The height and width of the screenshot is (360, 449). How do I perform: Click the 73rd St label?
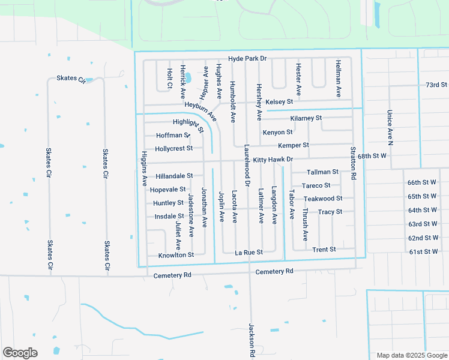click(436, 85)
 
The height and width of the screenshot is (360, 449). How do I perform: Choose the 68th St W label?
click(372, 156)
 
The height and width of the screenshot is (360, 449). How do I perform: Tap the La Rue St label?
click(249, 253)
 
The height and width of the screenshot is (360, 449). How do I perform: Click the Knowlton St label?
click(176, 255)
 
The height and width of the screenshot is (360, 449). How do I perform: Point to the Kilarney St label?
click(306, 118)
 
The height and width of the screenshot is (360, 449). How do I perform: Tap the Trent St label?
click(324, 249)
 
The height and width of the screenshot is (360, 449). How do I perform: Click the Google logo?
click(20, 353)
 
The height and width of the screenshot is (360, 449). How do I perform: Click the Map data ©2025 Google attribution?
click(411, 355)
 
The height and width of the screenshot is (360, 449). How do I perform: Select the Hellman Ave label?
click(339, 79)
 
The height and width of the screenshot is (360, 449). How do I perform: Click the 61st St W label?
click(423, 251)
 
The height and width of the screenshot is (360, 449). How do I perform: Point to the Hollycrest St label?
click(173, 148)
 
